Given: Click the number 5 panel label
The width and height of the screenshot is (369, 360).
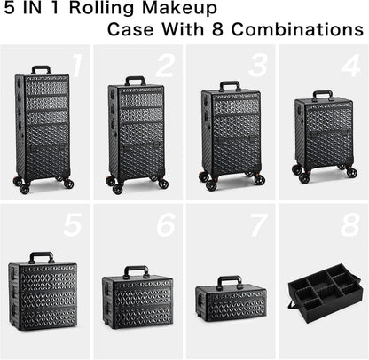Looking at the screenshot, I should [73, 225].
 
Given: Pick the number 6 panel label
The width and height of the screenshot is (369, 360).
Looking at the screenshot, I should [165, 225].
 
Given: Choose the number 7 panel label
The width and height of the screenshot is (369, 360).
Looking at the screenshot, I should [257, 225].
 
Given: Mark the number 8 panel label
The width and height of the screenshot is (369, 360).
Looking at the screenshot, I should [349, 225].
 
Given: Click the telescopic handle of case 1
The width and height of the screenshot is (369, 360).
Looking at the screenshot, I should [40, 70].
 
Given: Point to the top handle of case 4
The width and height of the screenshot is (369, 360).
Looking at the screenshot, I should [322, 93].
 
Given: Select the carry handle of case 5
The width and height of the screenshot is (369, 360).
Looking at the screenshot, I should [42, 257].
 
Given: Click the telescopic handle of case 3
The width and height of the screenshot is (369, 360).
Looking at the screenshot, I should [230, 85].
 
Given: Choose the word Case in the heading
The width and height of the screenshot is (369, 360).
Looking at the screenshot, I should [130, 30].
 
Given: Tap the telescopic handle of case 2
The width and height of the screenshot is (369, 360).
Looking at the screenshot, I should [134, 81].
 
